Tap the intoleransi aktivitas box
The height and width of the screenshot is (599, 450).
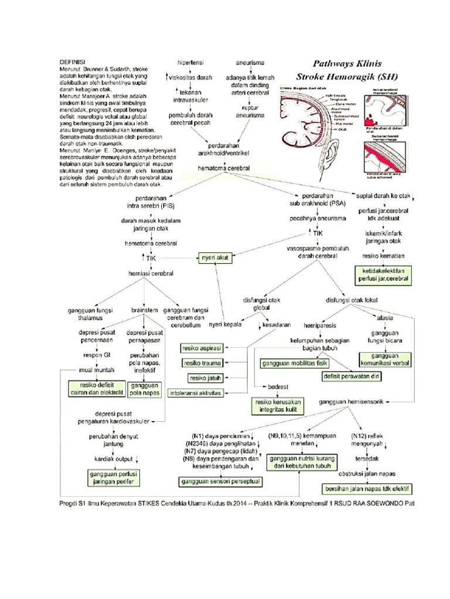(195, 393)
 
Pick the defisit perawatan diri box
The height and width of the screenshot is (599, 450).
(350, 376)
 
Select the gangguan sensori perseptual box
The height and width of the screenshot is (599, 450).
(220, 481)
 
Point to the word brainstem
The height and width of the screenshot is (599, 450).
(144, 310)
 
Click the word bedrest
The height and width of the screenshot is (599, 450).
(278, 387)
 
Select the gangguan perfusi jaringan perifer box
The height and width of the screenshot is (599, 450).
(113, 477)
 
